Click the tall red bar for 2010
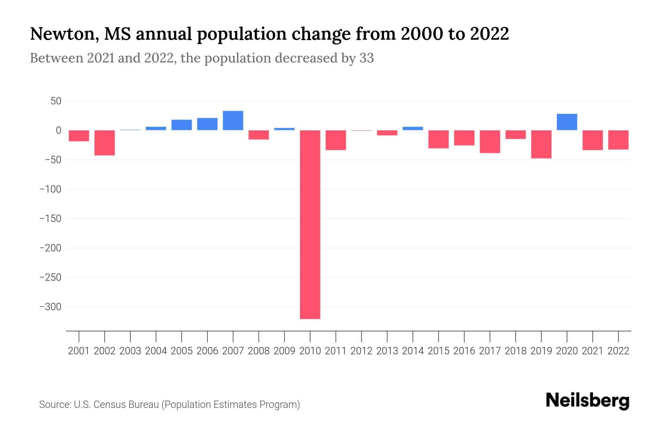point(310,224)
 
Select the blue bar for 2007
point(233,121)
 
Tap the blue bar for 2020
point(567,122)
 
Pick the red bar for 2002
point(105,143)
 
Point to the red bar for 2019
point(541,144)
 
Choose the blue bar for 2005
point(181,125)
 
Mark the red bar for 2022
point(618,140)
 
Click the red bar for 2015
point(438,139)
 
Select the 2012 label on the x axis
point(361,351)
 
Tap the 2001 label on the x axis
point(79,351)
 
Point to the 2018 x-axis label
point(516,351)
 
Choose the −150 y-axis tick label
point(50,218)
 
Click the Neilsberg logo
point(588,401)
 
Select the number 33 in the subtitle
point(366,58)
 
